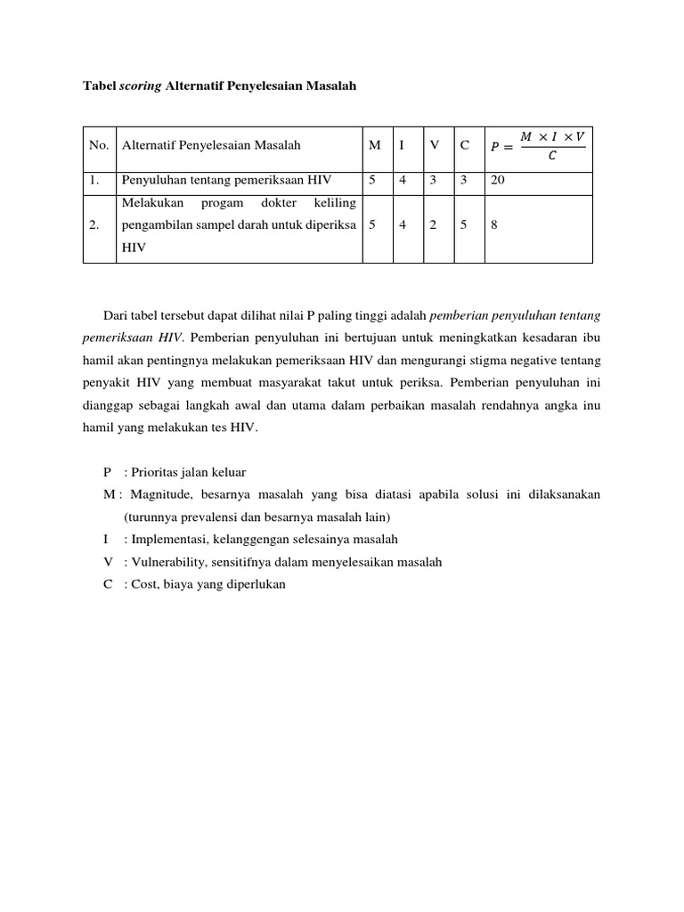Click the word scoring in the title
coord(141,85)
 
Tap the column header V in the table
coord(434,146)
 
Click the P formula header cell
coord(538,146)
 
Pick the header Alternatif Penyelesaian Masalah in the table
coord(211,146)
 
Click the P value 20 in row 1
coord(498,181)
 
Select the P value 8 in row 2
coord(494,226)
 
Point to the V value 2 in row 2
coord(433,226)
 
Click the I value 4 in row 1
coord(403,181)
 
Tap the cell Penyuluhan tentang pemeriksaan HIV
coord(226,181)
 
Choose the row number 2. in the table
coord(94,226)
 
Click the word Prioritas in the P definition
coord(154,472)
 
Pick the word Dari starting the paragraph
coord(115,314)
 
